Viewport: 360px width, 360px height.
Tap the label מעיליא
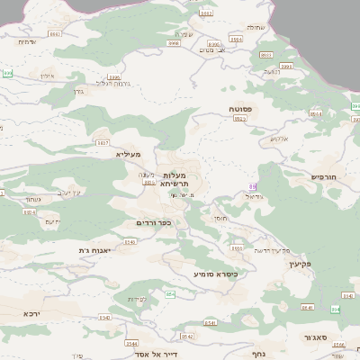click(130, 154)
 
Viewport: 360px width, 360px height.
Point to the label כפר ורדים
click(153, 222)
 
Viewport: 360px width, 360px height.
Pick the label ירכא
click(31, 314)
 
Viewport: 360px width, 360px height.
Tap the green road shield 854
click(171, 294)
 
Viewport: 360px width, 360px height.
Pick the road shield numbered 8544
click(132, 343)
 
